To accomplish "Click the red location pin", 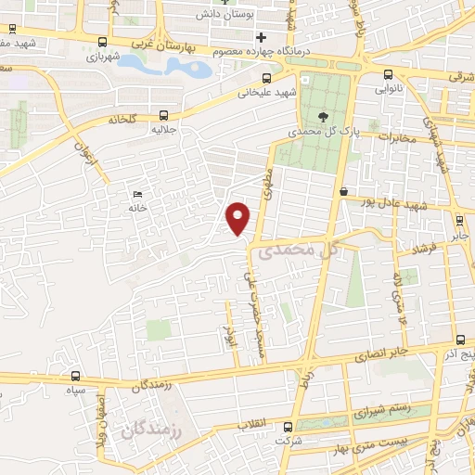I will [239, 217].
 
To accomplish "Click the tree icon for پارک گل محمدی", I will [322, 117].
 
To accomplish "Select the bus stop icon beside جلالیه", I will [164, 115].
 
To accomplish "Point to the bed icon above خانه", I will [138, 193].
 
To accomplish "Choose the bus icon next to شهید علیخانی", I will [267, 78].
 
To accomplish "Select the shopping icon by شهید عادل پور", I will [344, 192].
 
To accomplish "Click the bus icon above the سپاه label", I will [75, 377].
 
